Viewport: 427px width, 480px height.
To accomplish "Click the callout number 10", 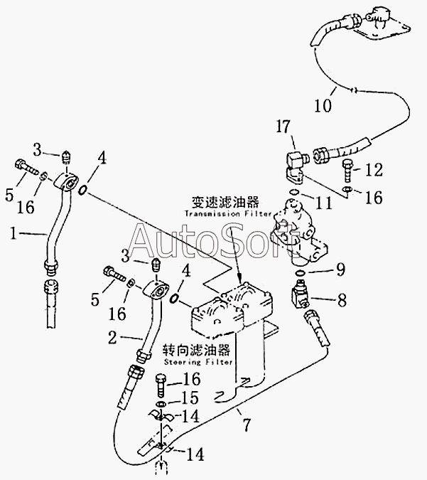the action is pos(323,106).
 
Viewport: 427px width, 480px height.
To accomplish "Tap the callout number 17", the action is pos(283,127).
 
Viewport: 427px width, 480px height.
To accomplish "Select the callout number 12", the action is pos(374,169).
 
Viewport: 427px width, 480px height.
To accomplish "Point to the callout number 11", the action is pos(323,203).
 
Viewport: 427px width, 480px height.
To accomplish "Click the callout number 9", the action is pos(340,270).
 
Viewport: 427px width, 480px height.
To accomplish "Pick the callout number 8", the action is pos(342,299).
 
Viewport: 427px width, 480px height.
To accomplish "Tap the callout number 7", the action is pos(247,425).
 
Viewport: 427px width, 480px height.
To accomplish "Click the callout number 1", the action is pos(13,233).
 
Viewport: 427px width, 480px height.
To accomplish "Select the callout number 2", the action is pos(112,337).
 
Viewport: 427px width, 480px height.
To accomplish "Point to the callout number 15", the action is pos(190,398).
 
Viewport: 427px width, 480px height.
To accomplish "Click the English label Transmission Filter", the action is pos(228,213).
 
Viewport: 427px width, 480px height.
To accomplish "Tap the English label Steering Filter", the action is pos(198,362).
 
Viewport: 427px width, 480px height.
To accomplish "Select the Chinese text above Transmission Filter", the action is pos(225,202).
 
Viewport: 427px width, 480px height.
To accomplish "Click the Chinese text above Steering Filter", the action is pos(196,350).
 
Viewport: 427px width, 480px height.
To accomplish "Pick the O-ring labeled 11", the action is pos(293,192).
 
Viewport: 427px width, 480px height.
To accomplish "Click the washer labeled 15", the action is pos(163,404).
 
